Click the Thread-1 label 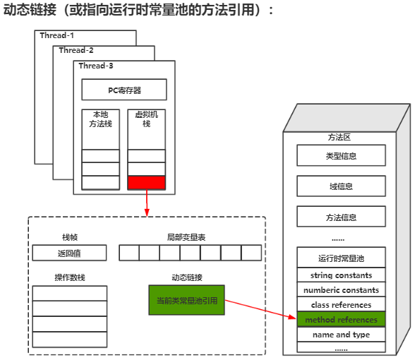56,35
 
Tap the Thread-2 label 76,50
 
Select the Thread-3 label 96,66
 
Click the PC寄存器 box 123,90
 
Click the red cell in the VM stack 146,183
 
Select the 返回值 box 69,253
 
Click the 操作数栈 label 69,277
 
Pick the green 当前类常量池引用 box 187,300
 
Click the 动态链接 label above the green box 186,277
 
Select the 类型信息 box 341,155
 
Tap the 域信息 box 341,186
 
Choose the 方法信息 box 341,216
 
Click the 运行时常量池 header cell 341,258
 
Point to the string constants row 341,275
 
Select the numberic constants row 341,290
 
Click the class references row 341,305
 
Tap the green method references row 341,320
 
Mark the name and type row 341,335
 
